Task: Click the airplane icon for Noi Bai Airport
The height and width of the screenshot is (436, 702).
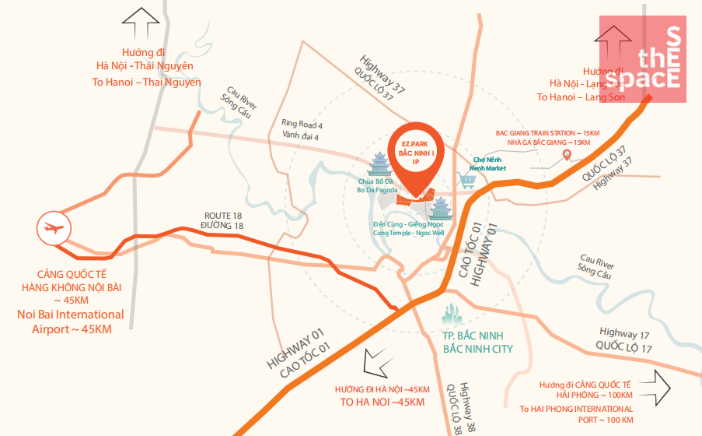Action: [x=54, y=229]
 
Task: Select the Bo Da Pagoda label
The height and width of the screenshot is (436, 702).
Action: [x=377, y=189]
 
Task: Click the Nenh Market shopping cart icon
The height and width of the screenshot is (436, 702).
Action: [x=468, y=181]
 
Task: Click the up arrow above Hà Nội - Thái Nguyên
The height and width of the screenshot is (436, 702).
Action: [x=143, y=24]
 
